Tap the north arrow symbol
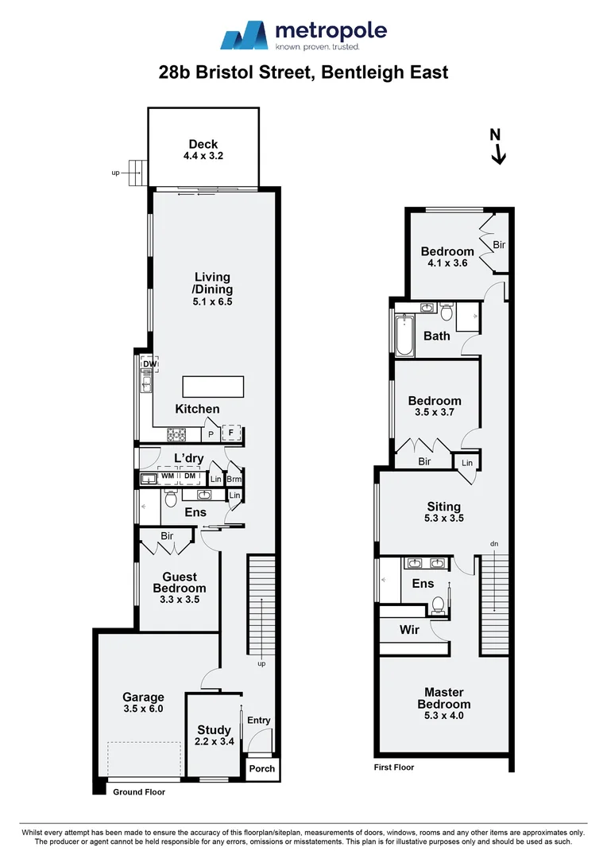coord(498,148)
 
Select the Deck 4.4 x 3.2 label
coord(203,150)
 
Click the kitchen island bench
coord(213,387)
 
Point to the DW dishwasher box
coord(149,364)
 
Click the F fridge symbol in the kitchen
coord(232,434)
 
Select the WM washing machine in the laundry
coord(168,478)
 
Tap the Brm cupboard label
coord(234,479)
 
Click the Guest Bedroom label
coord(180,583)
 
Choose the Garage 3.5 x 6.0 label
coord(143,703)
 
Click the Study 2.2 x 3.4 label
coord(214,736)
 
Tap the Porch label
coord(262,768)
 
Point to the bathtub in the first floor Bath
coord(405,335)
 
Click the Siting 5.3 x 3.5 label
coord(443,512)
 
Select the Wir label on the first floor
coord(409,630)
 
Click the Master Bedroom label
coord(443,704)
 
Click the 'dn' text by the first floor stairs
coord(493,545)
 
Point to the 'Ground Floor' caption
coord(138,792)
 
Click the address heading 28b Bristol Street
coord(303,72)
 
